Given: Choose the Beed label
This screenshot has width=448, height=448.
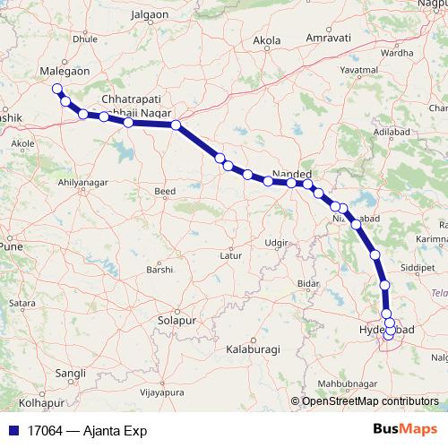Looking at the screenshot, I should point(165,192).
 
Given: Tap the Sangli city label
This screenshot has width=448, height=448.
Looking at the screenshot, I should point(71,372).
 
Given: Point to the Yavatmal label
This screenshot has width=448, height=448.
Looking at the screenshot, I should point(383,68).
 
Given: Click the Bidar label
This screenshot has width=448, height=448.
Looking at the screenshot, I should point(308,283).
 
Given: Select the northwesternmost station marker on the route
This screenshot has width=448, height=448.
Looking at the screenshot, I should point(57,89).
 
